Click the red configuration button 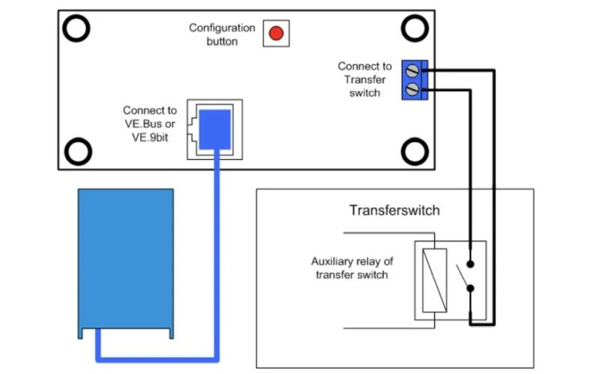tap(276, 33)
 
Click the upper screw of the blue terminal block tap(413, 70)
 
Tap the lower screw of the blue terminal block tap(413, 89)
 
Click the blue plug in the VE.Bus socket tap(215, 129)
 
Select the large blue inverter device tap(126, 263)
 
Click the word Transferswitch tap(395, 210)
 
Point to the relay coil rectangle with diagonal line tap(435, 280)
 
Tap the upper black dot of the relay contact tap(470, 264)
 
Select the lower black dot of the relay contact tap(470, 289)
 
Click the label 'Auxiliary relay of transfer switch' tap(352, 268)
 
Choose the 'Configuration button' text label tap(222, 34)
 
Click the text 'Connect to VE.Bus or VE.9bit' tap(150, 123)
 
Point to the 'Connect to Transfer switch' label tap(365, 79)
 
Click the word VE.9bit tap(150, 138)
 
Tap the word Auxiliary tap(332, 261)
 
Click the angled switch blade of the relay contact tap(463, 275)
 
